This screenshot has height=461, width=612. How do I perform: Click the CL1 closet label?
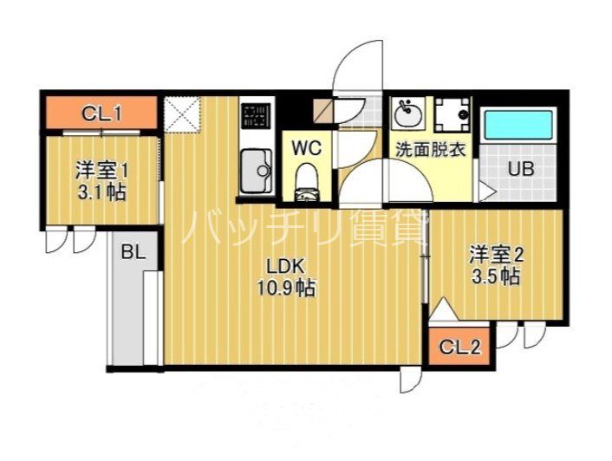[101, 112]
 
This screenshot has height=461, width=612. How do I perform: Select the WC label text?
[306, 147]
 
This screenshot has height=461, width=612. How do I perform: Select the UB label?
[520, 169]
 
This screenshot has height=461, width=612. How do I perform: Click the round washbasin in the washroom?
[407, 113]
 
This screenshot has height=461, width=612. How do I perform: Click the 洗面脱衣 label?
[430, 148]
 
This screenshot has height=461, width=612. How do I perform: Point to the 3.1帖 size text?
[101, 192]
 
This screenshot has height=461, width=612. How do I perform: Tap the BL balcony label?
[132, 253]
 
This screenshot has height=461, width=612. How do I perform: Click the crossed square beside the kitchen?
[184, 114]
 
